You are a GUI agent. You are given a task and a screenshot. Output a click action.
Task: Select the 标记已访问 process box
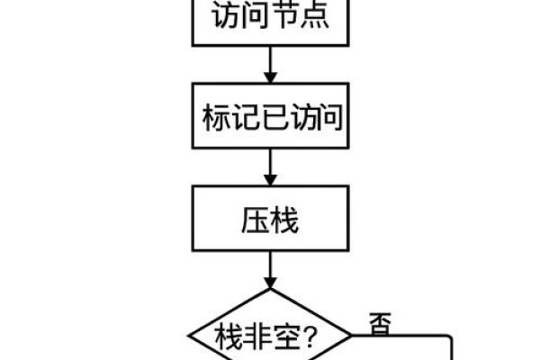(x=269, y=118)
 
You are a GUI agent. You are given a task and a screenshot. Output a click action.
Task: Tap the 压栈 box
(x=269, y=219)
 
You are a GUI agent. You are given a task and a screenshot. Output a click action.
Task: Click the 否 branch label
(x=379, y=323)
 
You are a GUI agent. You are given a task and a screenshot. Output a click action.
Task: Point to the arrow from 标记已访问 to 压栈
(x=269, y=166)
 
